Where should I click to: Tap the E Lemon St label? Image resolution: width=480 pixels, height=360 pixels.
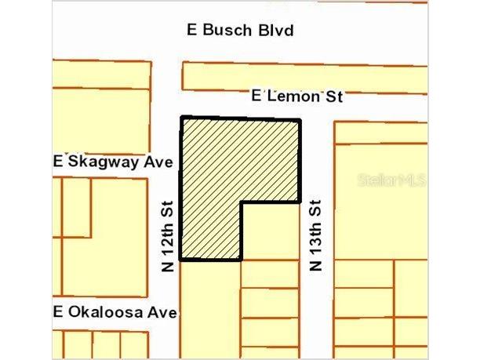(297, 96)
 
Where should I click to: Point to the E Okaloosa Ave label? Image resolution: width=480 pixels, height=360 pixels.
(115, 311)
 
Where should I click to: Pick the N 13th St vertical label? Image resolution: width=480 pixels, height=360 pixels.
(315, 235)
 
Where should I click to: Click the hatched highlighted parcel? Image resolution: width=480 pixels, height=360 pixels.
(227, 173)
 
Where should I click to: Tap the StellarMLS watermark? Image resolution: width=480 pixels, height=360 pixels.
(391, 180)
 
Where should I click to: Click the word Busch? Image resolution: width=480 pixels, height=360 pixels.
(230, 31)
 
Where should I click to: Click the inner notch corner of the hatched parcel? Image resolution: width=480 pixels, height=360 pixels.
(241, 202)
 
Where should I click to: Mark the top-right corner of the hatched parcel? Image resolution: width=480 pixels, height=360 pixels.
(299, 121)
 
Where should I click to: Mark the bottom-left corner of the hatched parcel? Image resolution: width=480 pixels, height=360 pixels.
(181, 259)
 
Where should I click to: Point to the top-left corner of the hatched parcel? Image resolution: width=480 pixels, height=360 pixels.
(182, 118)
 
